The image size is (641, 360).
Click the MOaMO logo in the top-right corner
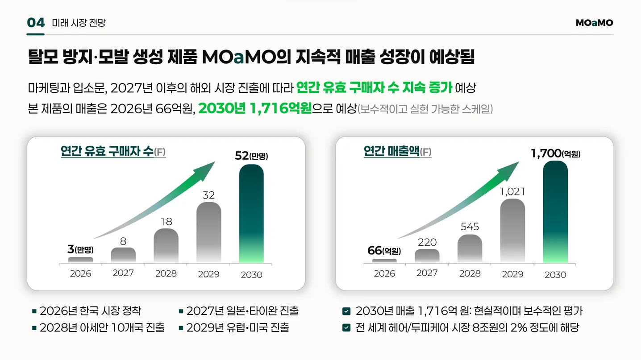coord(594,23)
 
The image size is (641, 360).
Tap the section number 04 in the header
coord(36,23)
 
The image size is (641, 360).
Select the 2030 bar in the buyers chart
coord(251,214)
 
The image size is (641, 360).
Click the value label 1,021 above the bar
coord(512,191)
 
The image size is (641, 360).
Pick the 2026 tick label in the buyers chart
coord(80,273)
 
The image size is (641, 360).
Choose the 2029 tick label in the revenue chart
coord(512,274)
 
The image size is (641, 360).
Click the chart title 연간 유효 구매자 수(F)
coord(113,151)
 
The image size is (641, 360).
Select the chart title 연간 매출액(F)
coord(397,151)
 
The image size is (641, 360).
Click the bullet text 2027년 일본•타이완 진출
coord(242,311)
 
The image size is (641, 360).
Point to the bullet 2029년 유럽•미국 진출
coord(237,327)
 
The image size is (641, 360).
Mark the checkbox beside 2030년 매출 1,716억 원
coord(346,311)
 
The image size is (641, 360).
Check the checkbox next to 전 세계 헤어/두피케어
coord(346,328)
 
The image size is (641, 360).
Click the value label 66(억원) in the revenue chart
coord(384,251)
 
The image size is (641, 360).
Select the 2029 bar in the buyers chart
coord(209,232)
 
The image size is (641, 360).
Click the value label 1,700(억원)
coord(555,153)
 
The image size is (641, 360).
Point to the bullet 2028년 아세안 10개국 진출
coord(102,327)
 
